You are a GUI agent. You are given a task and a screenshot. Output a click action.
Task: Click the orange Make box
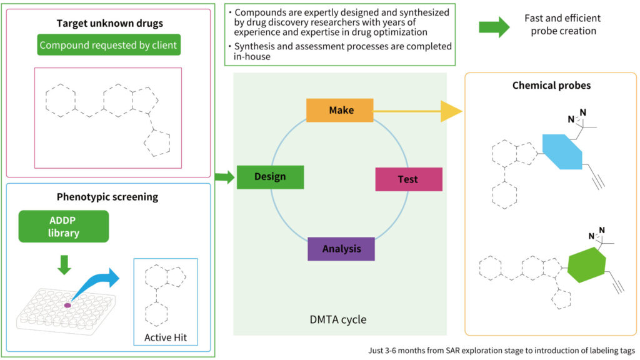[x=339, y=110]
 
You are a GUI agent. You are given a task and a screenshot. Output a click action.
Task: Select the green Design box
[x=270, y=177]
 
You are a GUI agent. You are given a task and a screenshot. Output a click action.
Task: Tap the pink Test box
[x=408, y=179]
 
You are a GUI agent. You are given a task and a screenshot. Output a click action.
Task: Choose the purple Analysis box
[x=341, y=249]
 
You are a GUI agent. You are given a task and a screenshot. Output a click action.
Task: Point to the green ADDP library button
[x=64, y=226]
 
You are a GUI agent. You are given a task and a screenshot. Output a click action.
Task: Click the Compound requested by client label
[x=108, y=45]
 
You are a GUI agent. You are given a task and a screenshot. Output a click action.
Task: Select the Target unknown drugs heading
[x=109, y=24]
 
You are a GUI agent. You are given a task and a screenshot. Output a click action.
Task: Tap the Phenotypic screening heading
[x=107, y=197]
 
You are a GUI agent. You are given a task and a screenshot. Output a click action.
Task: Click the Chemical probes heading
[x=551, y=86]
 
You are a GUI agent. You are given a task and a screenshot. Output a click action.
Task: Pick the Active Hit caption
[x=165, y=338]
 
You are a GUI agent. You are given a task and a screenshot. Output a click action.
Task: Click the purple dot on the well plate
[x=67, y=304]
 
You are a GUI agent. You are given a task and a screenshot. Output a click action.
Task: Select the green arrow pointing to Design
[x=224, y=176]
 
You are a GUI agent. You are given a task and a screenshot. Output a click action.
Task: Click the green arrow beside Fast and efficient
[x=494, y=26]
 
